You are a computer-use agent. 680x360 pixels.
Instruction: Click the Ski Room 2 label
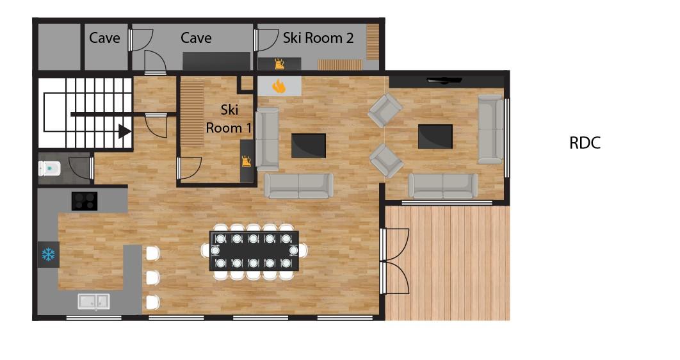tap(318, 38)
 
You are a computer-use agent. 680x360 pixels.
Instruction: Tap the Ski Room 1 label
tap(229, 119)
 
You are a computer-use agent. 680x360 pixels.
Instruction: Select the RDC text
tap(585, 143)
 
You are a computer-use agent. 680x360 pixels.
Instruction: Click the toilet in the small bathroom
tap(49, 168)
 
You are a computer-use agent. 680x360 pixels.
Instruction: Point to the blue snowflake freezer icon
tap(48, 254)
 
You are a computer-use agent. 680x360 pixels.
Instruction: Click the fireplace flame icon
tap(279, 86)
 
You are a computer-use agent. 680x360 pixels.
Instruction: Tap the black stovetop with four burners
tap(84, 201)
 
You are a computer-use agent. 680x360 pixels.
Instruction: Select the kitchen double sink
tap(93, 302)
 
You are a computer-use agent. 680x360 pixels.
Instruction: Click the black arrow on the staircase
tap(125, 131)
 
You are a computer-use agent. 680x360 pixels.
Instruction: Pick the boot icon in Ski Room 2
tap(279, 64)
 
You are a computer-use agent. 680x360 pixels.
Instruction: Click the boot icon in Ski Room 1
tap(247, 161)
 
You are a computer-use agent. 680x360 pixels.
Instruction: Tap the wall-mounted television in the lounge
tap(444, 80)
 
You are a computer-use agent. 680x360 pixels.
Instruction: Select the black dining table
tap(254, 250)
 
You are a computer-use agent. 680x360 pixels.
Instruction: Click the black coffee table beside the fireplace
tap(309, 146)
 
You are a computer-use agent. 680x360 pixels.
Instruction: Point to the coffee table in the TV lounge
tap(435, 136)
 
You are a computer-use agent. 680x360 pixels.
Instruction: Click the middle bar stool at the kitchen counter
tap(152, 277)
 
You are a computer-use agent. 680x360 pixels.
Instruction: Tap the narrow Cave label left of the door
tap(104, 38)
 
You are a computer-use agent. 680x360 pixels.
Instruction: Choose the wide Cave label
tap(196, 38)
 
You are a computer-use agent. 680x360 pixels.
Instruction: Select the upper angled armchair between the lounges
tap(385, 110)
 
